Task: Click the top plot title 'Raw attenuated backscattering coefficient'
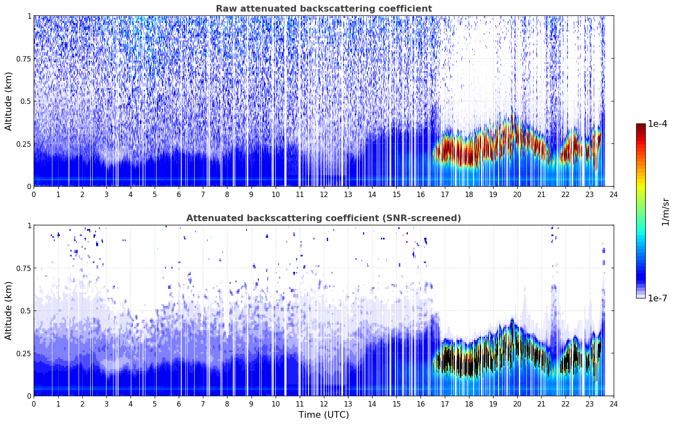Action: coord(324,8)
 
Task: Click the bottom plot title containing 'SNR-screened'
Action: coord(324,218)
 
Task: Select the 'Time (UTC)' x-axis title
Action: coord(324,415)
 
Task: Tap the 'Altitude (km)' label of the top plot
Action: coord(8,101)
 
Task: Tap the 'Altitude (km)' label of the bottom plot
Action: coord(8,311)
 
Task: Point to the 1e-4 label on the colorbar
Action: coord(658,123)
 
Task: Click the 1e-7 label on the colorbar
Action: coord(658,298)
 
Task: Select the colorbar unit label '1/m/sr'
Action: coord(665,212)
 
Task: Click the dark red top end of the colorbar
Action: coord(641,125)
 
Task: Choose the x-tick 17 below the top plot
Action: coord(445,195)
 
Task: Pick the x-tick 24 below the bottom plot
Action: coord(614,404)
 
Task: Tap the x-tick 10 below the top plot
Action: coord(276,195)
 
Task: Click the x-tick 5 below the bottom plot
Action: coord(155,404)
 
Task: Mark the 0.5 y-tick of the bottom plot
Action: coord(26,311)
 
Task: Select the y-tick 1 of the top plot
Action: coord(29,16)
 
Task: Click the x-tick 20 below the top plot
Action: coord(517,195)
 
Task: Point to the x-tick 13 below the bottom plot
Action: coord(348,404)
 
